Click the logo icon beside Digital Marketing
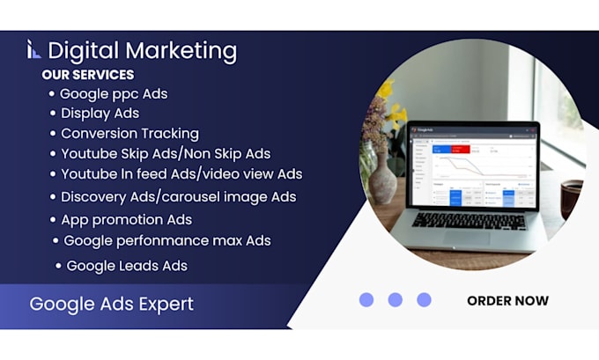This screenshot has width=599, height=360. tap(33, 49)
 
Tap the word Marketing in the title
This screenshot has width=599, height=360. tap(181, 52)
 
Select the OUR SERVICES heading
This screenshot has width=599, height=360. tap(88, 75)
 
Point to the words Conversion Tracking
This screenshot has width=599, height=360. tap(129, 134)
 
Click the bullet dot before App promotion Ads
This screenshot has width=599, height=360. tap(53, 220)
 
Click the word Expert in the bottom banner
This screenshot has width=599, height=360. tap(166, 305)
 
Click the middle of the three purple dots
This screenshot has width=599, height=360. tap(395, 299)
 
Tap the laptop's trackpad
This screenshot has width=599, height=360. tap(467, 238)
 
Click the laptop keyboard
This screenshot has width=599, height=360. tap(470, 220)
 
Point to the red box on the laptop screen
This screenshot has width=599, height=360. tap(461, 150)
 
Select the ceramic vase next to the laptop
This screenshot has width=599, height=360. tap(381, 179)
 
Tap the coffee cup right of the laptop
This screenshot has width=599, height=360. tap(571, 199)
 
